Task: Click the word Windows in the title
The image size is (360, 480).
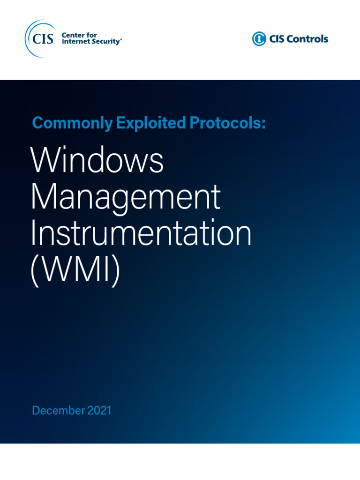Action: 97,161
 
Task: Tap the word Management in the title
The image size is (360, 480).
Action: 125,197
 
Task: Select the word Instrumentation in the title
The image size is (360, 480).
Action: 141,234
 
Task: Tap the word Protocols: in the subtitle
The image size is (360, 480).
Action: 227,123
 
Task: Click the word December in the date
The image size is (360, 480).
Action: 58,411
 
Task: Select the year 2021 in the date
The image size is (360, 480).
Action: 99,411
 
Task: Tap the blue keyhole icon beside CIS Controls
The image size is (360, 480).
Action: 259,39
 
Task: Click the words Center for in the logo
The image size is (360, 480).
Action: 79,35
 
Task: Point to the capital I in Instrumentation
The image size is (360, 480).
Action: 33,234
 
